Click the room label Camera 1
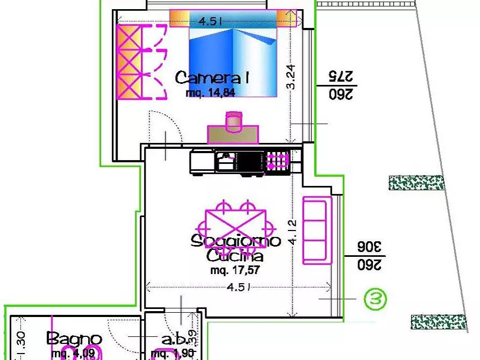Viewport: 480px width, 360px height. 212,78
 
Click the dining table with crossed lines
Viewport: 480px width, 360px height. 234,228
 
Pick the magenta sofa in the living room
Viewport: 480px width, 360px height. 316,231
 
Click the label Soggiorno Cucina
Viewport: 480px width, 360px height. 235,248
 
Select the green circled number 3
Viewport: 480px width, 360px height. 375,299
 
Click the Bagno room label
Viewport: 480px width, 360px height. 74,339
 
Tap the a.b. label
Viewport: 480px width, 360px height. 175,340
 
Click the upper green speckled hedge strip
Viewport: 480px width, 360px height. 417,183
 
